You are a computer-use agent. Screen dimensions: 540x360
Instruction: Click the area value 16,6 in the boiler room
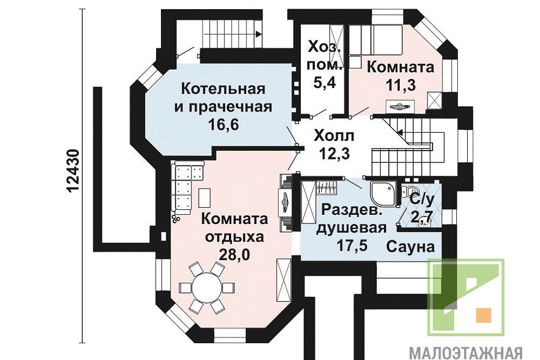[x=223, y=125]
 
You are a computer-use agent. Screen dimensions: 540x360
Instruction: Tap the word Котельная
[x=223, y=89]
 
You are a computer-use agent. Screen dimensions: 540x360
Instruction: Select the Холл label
[x=334, y=136]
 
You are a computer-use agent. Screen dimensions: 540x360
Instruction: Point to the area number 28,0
[x=234, y=255]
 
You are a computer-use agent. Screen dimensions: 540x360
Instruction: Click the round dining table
[x=207, y=287]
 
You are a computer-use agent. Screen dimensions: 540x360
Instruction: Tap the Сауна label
[x=410, y=247]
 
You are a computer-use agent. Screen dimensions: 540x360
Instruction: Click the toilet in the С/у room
[x=410, y=190]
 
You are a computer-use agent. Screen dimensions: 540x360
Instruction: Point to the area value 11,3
[x=400, y=84]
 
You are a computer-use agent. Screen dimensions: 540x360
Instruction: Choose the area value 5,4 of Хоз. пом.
[x=325, y=83]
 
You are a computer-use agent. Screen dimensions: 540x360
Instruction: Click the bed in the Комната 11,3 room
[x=376, y=40]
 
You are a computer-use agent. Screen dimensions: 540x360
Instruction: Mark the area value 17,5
[x=352, y=246]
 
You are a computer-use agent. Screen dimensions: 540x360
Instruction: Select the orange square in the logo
[x=483, y=315]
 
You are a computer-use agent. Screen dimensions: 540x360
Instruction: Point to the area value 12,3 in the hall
[x=334, y=154]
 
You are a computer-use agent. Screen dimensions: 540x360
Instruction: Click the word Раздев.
[x=352, y=210]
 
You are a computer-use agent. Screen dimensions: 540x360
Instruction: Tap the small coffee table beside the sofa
[x=204, y=198]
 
